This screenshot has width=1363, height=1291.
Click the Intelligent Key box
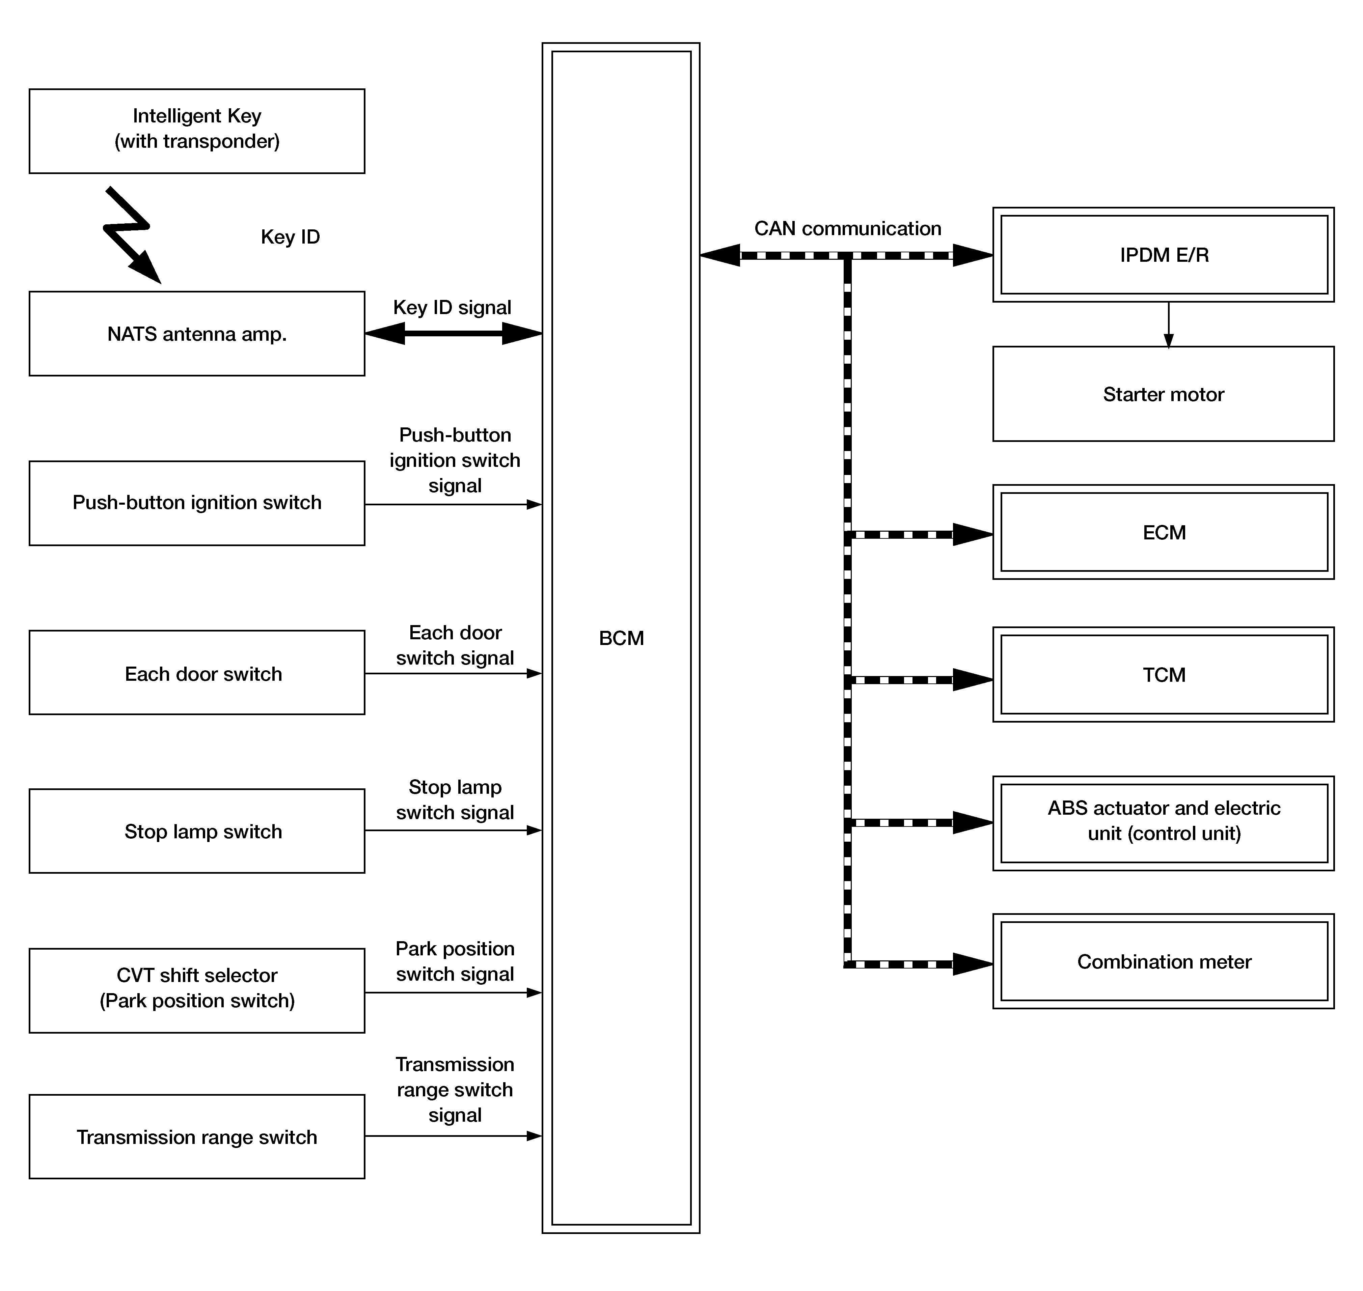(x=197, y=131)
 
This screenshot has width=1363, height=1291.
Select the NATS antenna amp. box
(x=197, y=334)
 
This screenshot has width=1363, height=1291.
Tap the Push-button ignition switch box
(x=197, y=503)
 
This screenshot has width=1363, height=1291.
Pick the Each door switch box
(x=197, y=672)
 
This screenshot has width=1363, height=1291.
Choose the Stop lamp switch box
(x=197, y=831)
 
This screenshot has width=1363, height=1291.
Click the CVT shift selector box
(x=197, y=990)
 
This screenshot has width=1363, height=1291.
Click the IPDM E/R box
(x=1163, y=255)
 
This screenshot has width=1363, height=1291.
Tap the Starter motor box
(x=1163, y=394)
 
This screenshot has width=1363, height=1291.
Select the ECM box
(x=1163, y=532)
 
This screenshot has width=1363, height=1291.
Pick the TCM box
(x=1163, y=674)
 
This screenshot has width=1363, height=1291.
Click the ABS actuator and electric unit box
(x=1163, y=823)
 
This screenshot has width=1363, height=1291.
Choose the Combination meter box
(x=1163, y=961)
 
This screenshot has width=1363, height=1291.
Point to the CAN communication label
(x=847, y=228)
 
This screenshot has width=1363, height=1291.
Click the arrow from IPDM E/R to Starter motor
(x=1168, y=325)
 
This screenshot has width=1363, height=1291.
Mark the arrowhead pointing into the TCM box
(x=973, y=680)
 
